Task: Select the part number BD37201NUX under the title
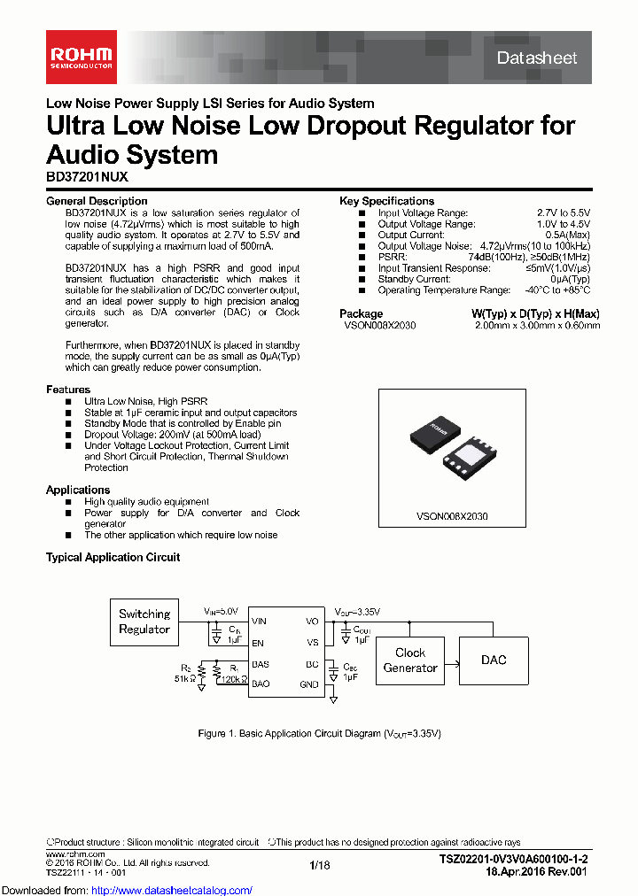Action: [87, 177]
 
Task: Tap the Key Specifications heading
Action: [386, 201]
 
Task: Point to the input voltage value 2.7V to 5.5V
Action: [563, 213]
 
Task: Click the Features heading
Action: [68, 390]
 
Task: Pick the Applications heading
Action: [78, 490]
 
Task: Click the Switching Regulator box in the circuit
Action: [144, 622]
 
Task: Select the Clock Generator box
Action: [410, 660]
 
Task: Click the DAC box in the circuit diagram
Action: [494, 660]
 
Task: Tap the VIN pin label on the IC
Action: [259, 622]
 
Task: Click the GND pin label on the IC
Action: [309, 684]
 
